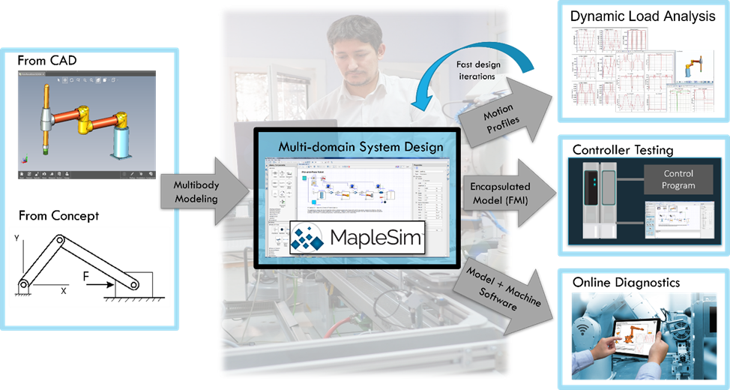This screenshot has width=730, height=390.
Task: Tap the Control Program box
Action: tap(678, 180)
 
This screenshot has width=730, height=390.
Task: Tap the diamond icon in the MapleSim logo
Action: tap(308, 237)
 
